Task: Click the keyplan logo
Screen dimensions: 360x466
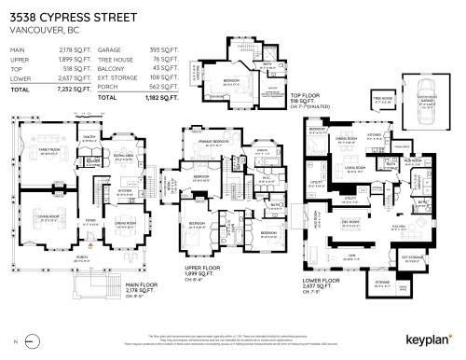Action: coord(430,340)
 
